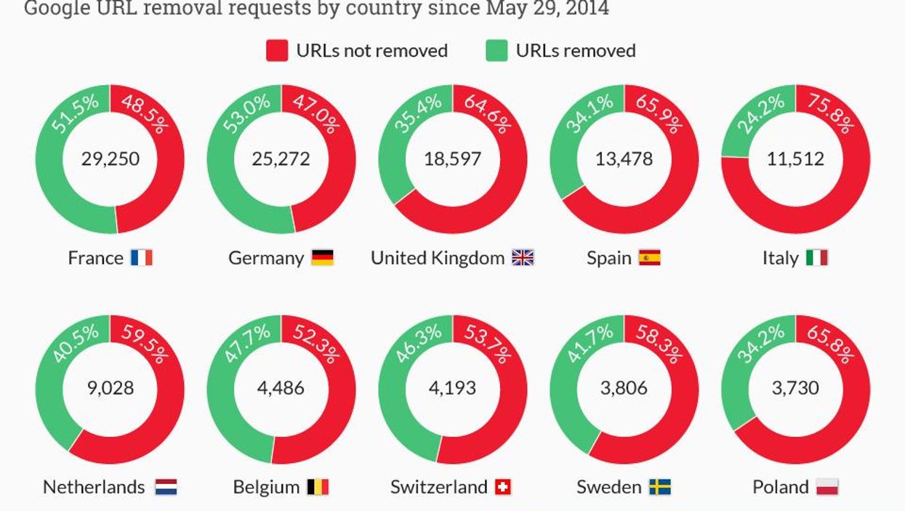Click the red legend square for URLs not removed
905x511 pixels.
(277, 51)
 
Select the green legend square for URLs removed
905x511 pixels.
(496, 51)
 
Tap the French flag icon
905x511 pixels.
(142, 257)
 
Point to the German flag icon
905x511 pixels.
(322, 257)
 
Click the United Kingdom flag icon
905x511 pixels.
(523, 257)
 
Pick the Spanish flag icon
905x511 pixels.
(649, 257)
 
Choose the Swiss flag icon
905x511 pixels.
(502, 487)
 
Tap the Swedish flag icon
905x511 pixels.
(660, 487)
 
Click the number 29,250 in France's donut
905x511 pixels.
(110, 159)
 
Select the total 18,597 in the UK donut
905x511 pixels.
(453, 159)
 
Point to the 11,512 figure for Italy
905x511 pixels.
(795, 159)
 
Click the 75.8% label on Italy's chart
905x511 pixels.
(829, 113)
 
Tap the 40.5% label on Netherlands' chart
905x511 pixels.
(76, 343)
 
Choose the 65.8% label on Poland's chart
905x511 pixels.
(829, 343)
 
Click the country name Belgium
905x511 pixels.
(266, 487)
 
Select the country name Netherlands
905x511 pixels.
(94, 487)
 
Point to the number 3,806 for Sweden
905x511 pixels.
(624, 388)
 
